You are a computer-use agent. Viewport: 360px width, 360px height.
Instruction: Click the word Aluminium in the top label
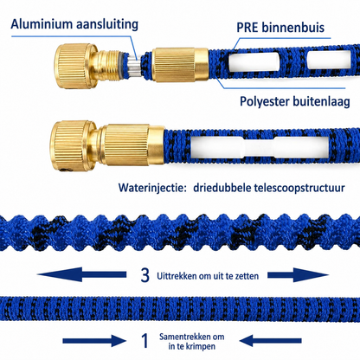click(x=39, y=24)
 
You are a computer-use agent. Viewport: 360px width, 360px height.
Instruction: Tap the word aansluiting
click(x=105, y=25)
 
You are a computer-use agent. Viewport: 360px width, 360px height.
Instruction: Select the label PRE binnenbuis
click(x=280, y=28)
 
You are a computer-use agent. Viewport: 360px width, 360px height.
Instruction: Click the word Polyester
click(x=265, y=101)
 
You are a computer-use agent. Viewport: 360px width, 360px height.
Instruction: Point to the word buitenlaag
click(x=321, y=101)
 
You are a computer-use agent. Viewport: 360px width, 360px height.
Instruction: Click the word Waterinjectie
click(x=151, y=188)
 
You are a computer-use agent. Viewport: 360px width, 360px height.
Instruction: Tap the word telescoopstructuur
click(x=299, y=188)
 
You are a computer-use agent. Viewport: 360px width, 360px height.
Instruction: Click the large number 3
click(x=145, y=275)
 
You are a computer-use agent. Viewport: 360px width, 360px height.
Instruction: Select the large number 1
click(x=145, y=341)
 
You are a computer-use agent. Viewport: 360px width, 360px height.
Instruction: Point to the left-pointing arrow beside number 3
click(x=82, y=274)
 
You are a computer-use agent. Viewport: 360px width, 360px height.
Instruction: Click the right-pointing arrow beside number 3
click(x=298, y=274)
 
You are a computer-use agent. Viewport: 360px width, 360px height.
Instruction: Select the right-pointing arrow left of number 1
click(x=94, y=341)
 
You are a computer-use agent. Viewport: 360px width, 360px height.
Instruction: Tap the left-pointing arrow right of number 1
click(x=270, y=341)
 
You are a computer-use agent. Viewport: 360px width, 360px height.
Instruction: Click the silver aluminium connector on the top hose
click(x=134, y=67)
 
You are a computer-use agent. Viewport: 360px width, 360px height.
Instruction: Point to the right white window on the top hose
click(x=329, y=60)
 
